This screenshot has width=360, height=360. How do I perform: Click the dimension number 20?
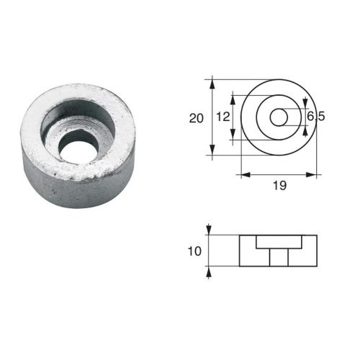[196, 119]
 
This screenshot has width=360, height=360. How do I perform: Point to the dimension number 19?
[280, 186]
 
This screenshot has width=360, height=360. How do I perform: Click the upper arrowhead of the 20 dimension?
[212, 83]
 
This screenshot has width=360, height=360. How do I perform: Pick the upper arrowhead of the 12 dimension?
[233, 96]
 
